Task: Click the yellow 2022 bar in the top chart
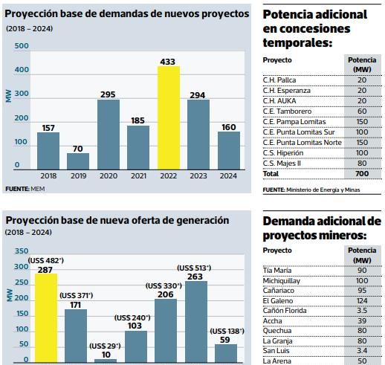pyautogui.click(x=169, y=117)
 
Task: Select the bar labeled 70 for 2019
pyautogui.click(x=78, y=161)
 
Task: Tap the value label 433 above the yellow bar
pyautogui.click(x=168, y=62)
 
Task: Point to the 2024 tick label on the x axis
pyautogui.click(x=228, y=175)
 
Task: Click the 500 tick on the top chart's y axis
pyautogui.click(x=22, y=46)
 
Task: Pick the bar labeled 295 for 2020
pyautogui.click(x=109, y=135)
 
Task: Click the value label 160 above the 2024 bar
pyautogui.click(x=229, y=127)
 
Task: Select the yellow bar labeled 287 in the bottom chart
pyautogui.click(x=46, y=318)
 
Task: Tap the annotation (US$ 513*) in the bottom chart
pyautogui.click(x=194, y=268)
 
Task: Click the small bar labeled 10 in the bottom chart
pyautogui.click(x=106, y=361)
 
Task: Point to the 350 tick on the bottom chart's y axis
pyautogui.click(x=22, y=251)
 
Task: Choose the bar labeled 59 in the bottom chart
pyautogui.click(x=226, y=353)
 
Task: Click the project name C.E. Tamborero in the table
pyautogui.click(x=287, y=112)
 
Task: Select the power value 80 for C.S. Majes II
pyautogui.click(x=362, y=164)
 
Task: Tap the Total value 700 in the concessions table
pyautogui.click(x=362, y=174)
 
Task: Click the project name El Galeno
pyautogui.click(x=278, y=301)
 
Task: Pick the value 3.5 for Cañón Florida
pyautogui.click(x=362, y=311)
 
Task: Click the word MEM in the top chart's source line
pyautogui.click(x=38, y=189)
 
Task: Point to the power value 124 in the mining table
pyautogui.click(x=362, y=301)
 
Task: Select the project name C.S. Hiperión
pyautogui.click(x=283, y=153)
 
